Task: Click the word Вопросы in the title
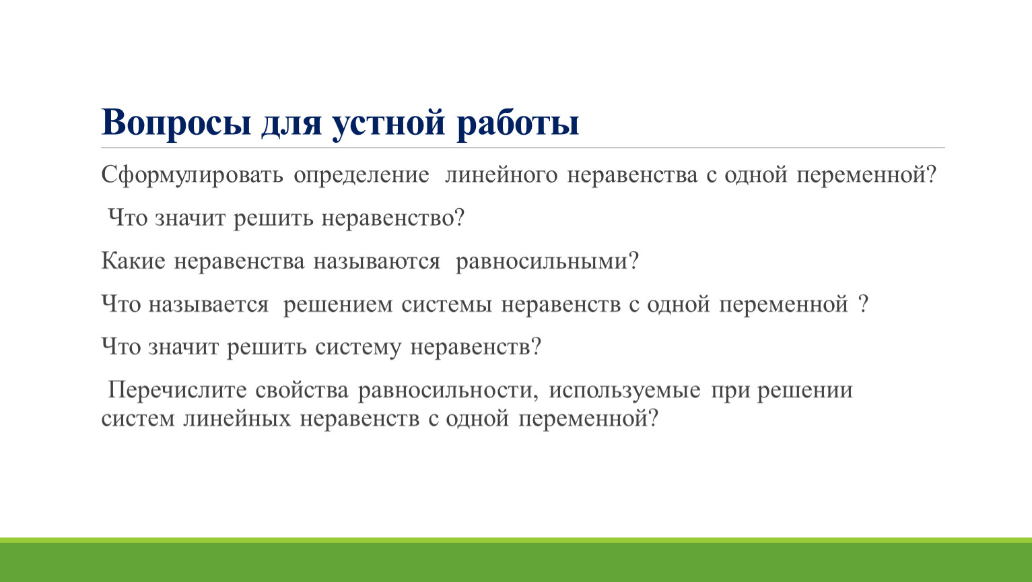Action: point(176,123)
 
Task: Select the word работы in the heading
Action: point(518,122)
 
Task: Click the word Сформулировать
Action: point(192,175)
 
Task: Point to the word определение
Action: point(362,175)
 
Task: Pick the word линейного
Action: point(502,174)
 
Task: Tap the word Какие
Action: point(133,261)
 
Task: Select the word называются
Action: point(377,261)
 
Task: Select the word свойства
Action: point(302,390)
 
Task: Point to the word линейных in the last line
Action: point(237,419)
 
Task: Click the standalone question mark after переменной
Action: point(864,304)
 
